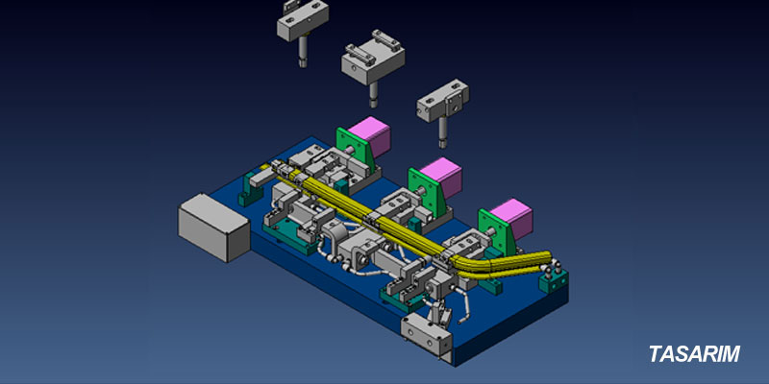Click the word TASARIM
[x=694, y=353]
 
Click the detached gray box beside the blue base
[x=213, y=227]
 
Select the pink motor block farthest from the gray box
[x=511, y=220]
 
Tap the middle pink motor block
[x=441, y=179]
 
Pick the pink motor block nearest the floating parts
[x=369, y=136]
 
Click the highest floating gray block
[x=303, y=19]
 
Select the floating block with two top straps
[x=373, y=60]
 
